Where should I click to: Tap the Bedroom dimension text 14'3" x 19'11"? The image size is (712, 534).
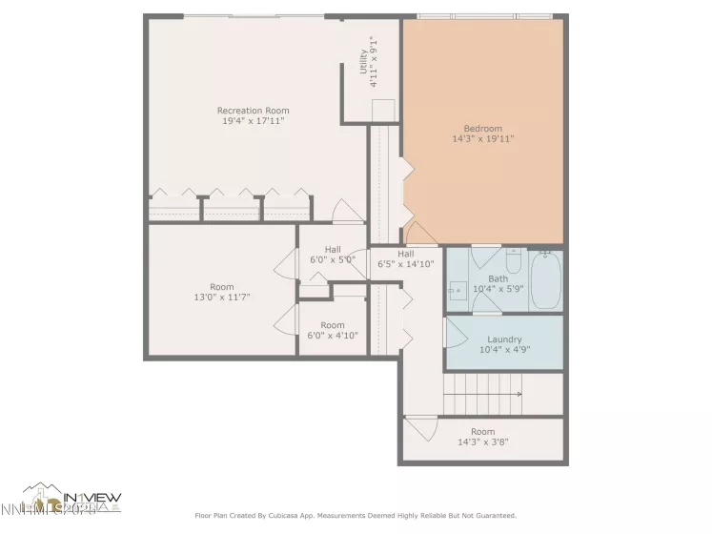point(483,139)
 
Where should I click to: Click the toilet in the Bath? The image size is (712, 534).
point(513,260)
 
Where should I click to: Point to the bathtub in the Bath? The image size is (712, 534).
point(546,279)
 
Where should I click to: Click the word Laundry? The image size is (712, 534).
point(504,339)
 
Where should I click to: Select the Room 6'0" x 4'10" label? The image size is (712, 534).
point(333,330)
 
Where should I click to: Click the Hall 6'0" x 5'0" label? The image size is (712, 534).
point(333,254)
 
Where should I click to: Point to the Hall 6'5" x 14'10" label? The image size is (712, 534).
point(406,258)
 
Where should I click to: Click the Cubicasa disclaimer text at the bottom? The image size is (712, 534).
point(356,516)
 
